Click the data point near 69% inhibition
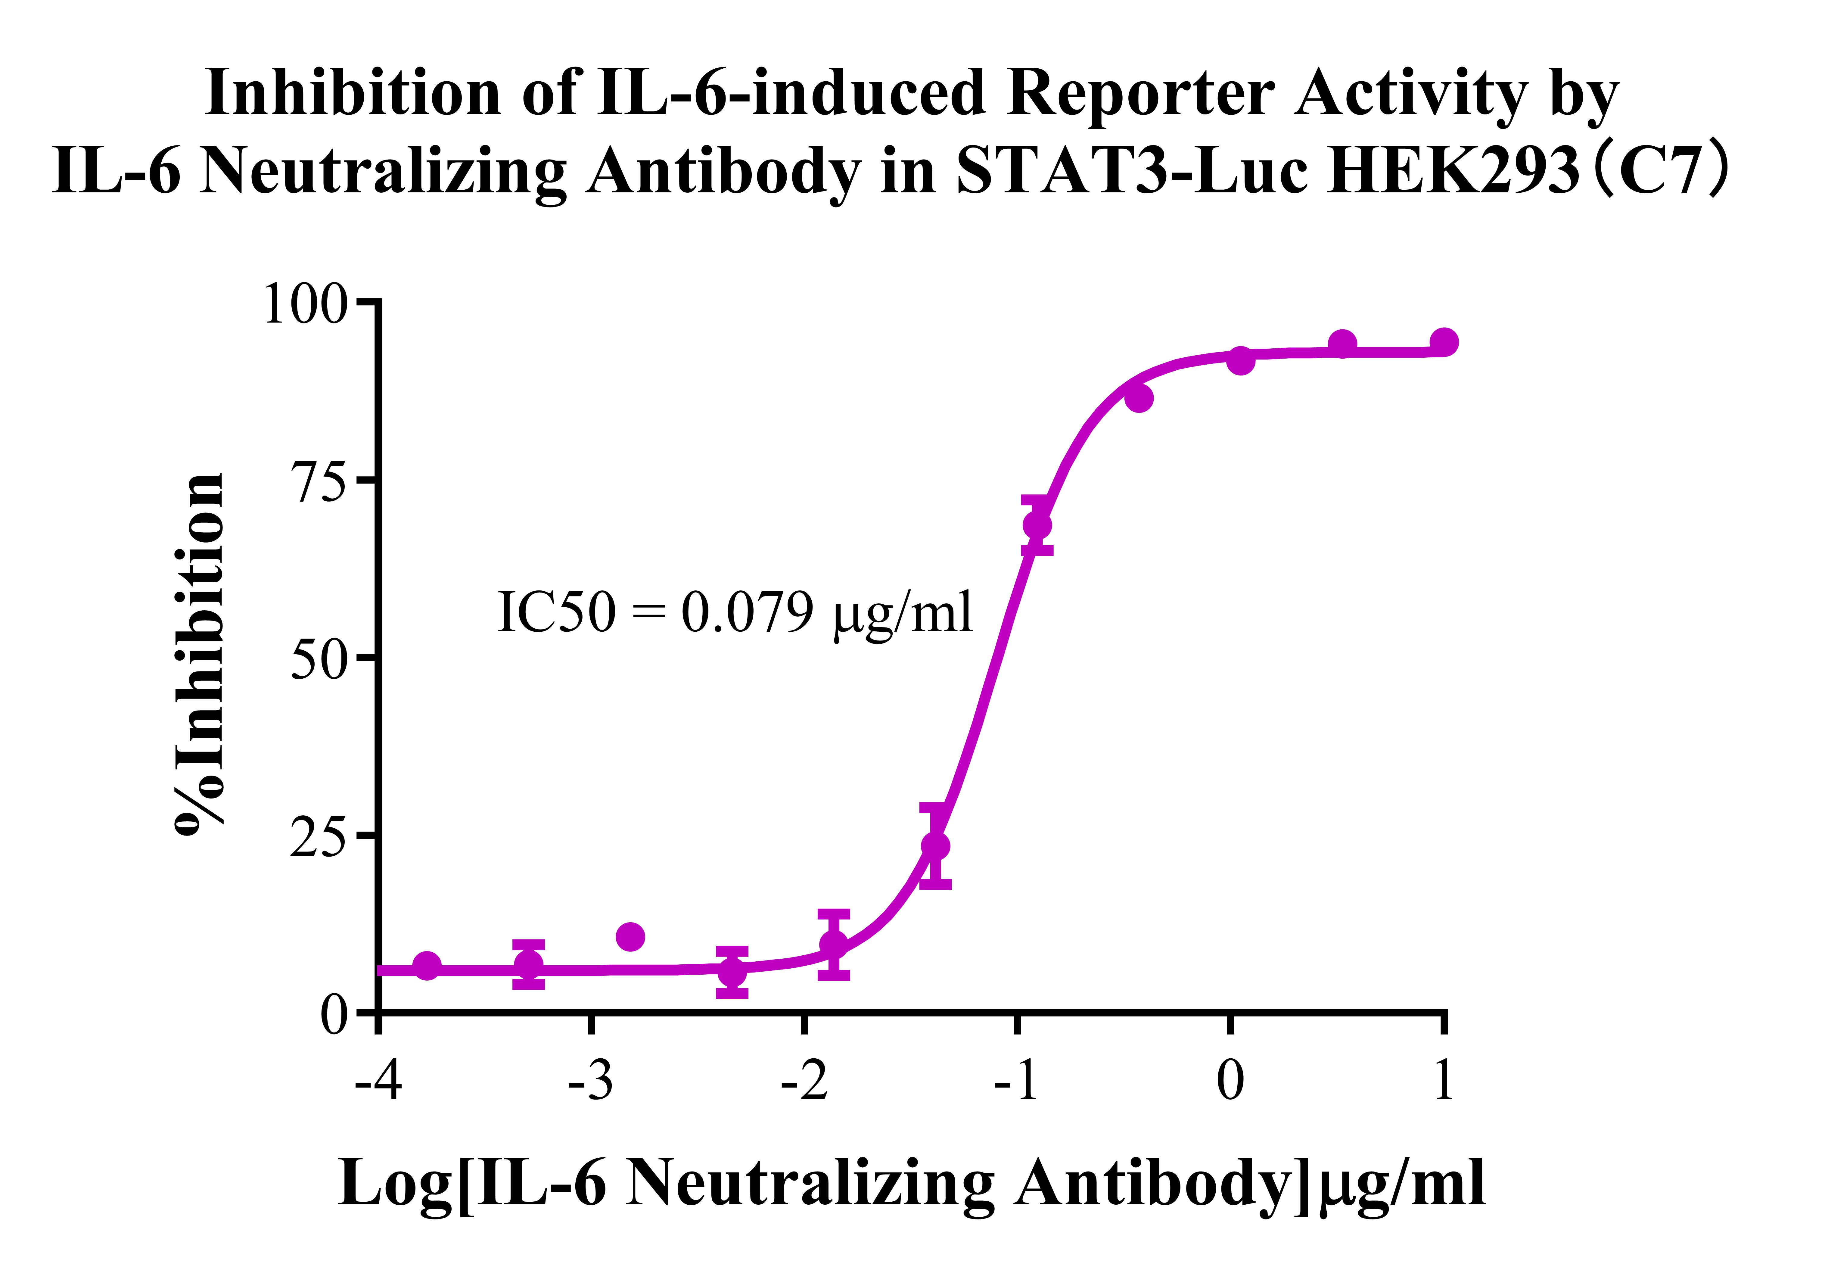[x=1037, y=525]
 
